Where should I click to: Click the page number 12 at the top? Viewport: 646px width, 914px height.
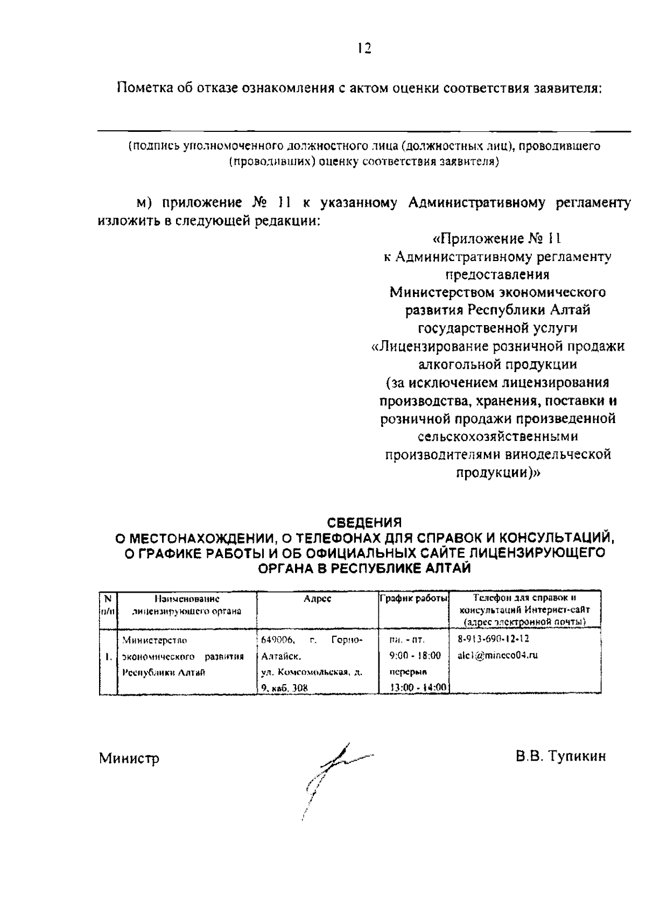pyautogui.click(x=364, y=48)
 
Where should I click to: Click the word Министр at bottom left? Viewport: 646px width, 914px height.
pyautogui.click(x=129, y=758)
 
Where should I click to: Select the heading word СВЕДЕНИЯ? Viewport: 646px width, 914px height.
pyautogui.click(x=364, y=522)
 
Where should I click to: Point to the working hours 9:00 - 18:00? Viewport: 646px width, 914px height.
pyautogui.click(x=414, y=655)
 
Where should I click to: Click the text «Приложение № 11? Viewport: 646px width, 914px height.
pyautogui.click(x=497, y=238)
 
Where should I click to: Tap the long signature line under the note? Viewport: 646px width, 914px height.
pyautogui.click(x=364, y=131)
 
